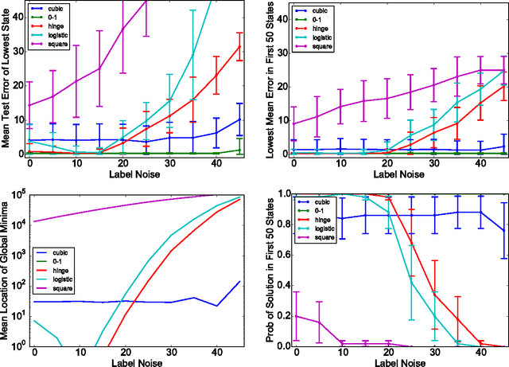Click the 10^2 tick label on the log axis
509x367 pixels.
[17, 285]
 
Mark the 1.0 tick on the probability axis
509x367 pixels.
[279, 195]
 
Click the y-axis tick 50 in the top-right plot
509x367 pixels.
[281, 5]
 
